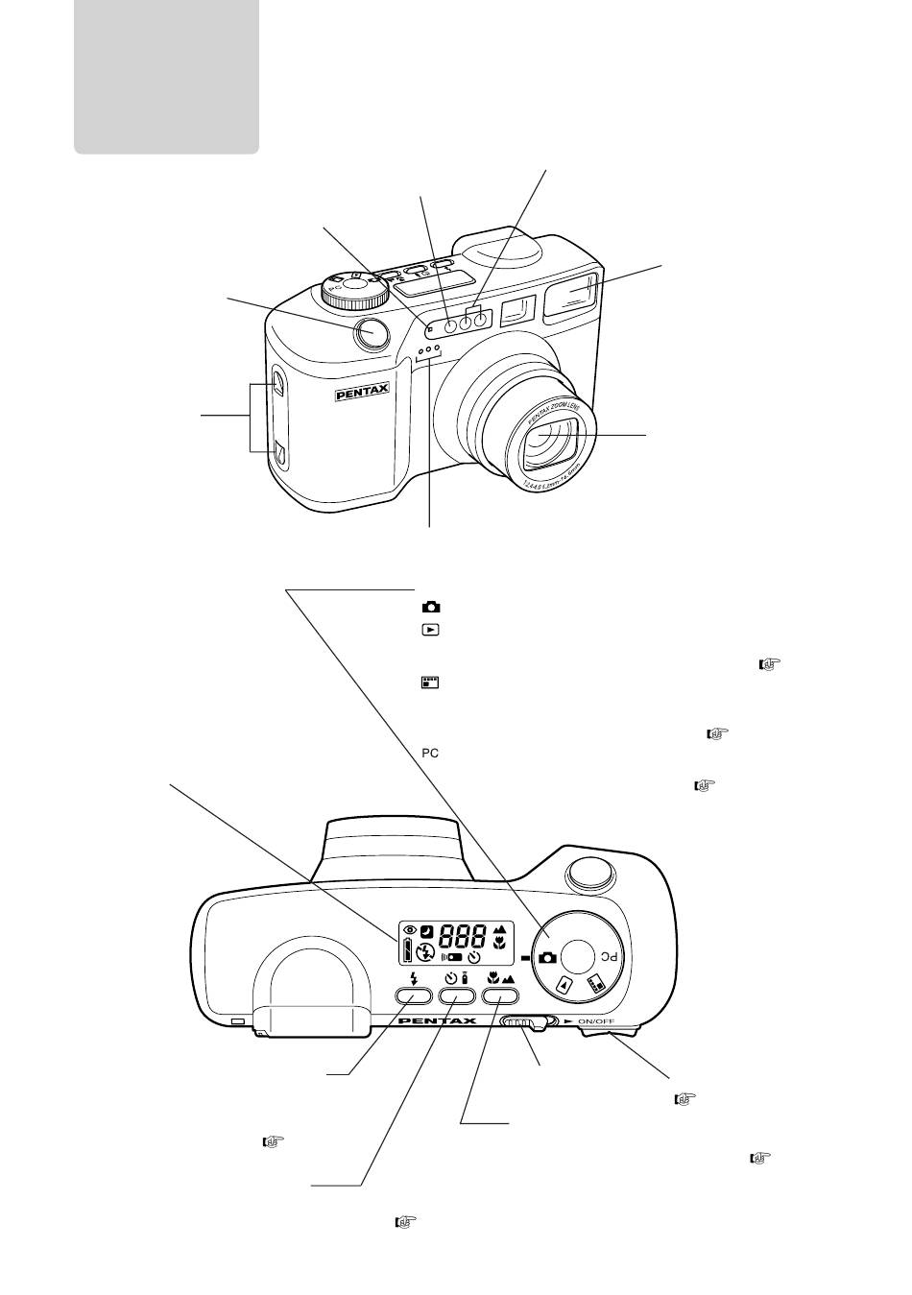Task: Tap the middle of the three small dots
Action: [x=429, y=350]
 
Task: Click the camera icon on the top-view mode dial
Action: [x=547, y=958]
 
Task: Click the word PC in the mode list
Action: [x=429, y=754]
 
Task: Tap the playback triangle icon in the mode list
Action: [x=430, y=630]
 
